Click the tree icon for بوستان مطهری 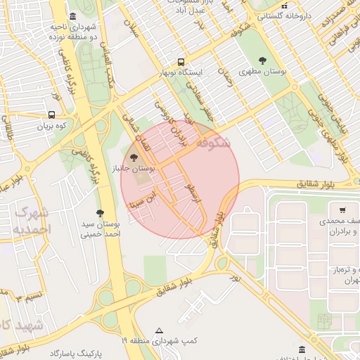coord(263,60)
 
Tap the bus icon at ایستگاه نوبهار coord(181,62)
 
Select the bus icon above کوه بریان coord(51,115)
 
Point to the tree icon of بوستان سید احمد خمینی coord(99,212)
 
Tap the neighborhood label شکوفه coord(213,143)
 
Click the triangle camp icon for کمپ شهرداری coord(160,330)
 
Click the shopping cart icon coord(342,210)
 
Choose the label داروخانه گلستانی coord(284,15)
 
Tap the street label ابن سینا coord(143,198)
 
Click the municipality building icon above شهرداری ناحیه coord(73,17)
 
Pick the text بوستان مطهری coord(263,72)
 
